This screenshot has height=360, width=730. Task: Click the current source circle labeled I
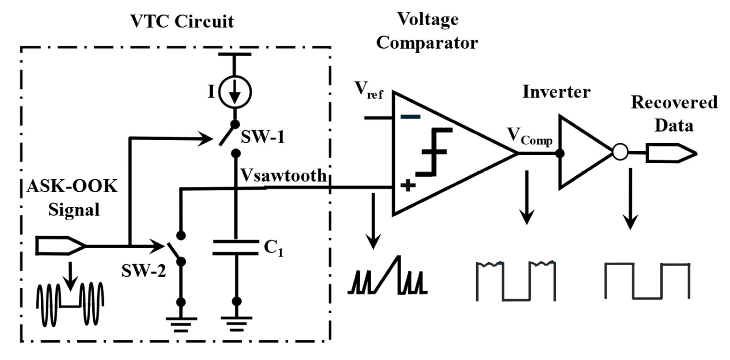[235, 92]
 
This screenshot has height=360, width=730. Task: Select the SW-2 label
[143, 271]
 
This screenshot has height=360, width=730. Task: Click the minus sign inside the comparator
[410, 117]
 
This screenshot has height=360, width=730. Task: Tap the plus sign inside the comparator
[408, 186]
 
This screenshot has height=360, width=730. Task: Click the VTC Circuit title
[182, 21]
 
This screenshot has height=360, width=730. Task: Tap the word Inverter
[556, 92]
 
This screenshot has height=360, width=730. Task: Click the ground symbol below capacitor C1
[237, 323]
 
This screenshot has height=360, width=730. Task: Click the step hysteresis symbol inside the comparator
[434, 152]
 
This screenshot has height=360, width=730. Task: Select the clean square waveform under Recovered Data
[647, 281]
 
